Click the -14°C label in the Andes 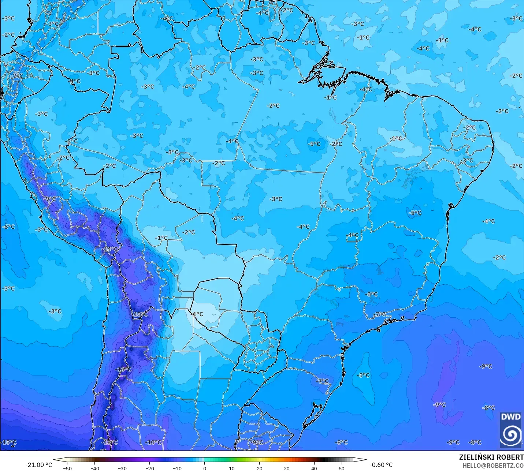point(109,249)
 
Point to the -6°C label point(8,227)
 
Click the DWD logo point(510,430)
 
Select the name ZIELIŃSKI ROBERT point(491,457)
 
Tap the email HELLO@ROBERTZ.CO point(493,466)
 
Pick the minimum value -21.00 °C point(38,465)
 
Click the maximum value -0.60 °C point(381,465)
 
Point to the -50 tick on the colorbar point(67,468)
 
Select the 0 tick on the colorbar point(204,468)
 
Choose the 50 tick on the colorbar point(341,468)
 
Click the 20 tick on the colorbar point(259,468)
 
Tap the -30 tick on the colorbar point(122,468)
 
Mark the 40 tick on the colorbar point(314,468)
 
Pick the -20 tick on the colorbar point(149,468)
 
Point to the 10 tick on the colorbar point(232,468)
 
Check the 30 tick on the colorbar point(286,468)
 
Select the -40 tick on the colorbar point(94,468)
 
